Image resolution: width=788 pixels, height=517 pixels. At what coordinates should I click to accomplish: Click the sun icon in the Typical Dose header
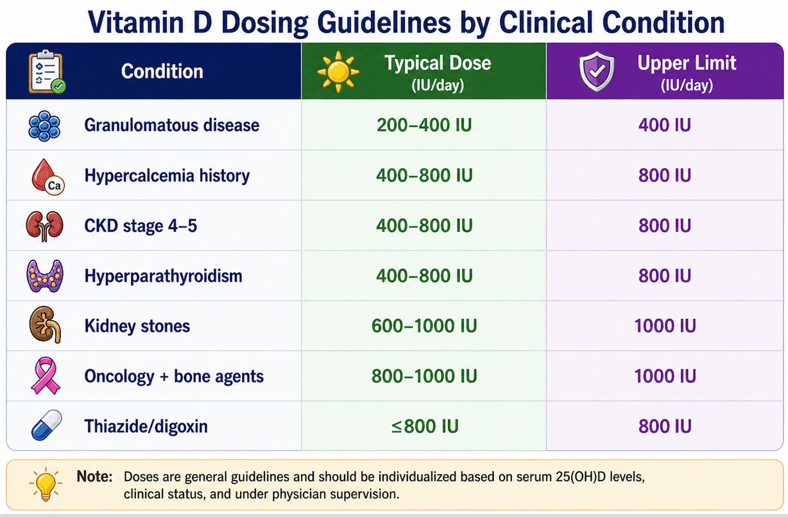point(338,72)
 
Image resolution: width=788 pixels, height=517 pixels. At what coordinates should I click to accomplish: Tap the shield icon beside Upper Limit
point(597,71)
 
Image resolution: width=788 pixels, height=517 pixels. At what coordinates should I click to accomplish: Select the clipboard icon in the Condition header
point(47,72)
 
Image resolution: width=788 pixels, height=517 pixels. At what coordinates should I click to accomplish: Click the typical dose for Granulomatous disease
point(424,125)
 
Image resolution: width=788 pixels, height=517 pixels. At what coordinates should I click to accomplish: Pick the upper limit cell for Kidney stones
point(665,326)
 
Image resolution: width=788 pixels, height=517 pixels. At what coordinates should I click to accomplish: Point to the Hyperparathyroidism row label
point(163,276)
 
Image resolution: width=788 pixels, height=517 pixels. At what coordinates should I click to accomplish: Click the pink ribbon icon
point(46,376)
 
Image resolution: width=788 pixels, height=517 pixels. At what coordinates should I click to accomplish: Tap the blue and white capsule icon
point(46,425)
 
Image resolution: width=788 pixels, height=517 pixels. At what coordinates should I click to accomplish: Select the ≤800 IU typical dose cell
point(425,427)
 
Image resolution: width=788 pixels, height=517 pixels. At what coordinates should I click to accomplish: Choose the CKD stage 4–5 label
point(141,226)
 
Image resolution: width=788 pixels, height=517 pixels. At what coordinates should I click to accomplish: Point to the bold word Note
point(94,477)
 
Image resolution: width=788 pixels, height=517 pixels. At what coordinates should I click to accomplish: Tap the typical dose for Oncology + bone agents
point(424,376)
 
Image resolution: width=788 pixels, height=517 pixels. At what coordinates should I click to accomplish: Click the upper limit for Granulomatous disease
point(665,125)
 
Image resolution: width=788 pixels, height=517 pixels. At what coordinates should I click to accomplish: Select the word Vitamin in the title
point(136,22)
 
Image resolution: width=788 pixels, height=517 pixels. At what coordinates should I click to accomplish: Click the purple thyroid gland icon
point(45,276)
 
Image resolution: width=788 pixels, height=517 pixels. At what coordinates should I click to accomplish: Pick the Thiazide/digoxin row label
point(146,427)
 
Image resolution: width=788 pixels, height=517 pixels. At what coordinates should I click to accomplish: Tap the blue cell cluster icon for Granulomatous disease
point(44,126)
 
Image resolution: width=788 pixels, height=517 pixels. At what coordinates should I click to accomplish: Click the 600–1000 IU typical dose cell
point(424,326)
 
